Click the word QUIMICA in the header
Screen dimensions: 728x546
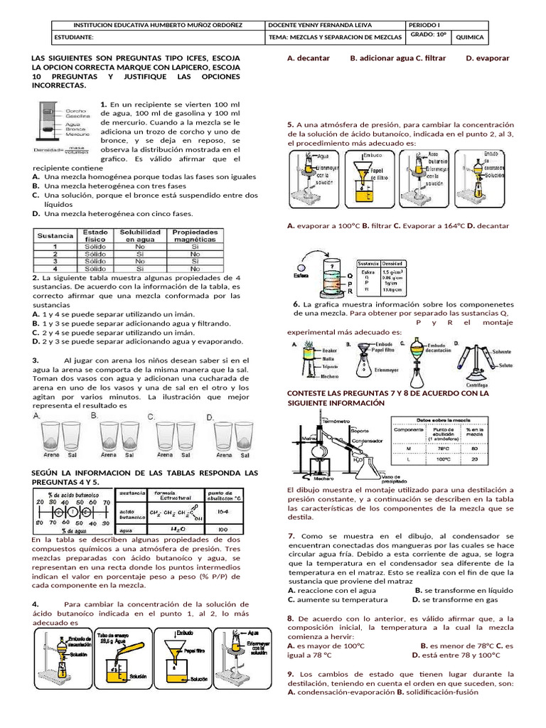click(x=469, y=37)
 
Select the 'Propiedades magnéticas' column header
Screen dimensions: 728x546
click(x=196, y=237)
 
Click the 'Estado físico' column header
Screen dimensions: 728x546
click(x=95, y=237)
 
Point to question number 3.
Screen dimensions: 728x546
click(x=36, y=360)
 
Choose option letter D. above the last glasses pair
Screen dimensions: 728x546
click(x=210, y=417)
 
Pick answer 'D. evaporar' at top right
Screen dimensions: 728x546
click(x=488, y=58)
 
